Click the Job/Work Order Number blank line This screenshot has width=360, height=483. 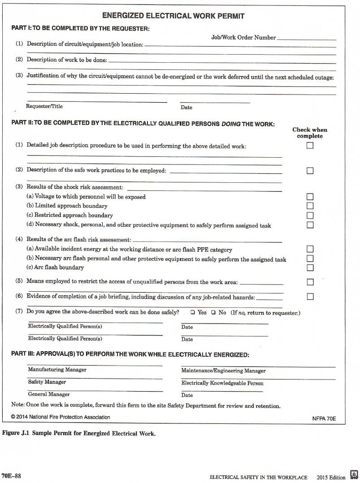coord(306,39)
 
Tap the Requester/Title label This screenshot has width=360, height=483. coord(44,107)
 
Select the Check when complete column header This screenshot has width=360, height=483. coord(310,133)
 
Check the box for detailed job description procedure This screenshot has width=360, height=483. coord(310,146)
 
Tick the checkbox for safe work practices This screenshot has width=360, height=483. coord(310,171)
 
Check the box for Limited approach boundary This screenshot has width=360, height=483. coord(310,206)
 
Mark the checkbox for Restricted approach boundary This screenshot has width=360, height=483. coord(310,215)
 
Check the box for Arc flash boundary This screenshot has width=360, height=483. coord(310,267)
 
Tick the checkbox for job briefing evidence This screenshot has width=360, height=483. coord(310,297)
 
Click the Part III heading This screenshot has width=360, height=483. coord(130,354)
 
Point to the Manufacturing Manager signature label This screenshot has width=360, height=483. coord(57,370)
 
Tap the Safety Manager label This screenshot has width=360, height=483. coord(47,382)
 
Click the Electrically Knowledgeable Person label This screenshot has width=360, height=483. coord(222,383)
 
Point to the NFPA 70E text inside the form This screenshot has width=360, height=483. coord(324,418)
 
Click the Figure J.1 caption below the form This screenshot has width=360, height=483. coord(79,434)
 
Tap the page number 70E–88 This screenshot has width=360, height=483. coord(11,476)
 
